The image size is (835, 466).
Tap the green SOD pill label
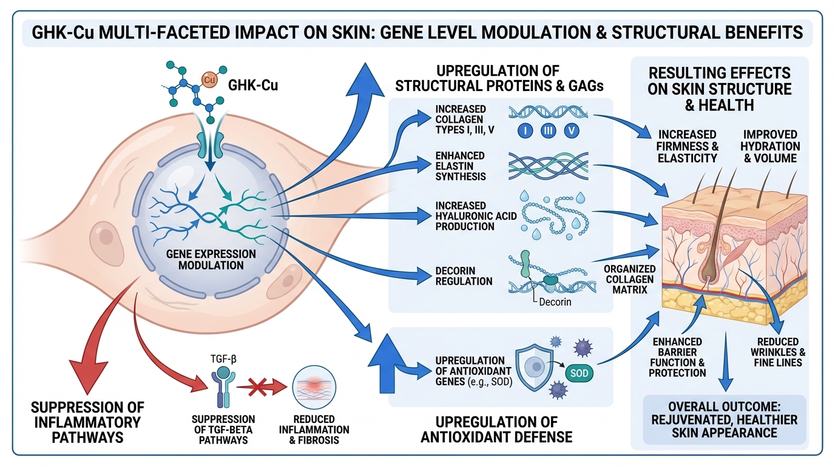pos(580,373)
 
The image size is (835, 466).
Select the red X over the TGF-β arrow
pos(253,384)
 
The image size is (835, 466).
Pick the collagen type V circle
pos(572,130)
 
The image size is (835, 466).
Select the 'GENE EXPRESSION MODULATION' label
pos(211,259)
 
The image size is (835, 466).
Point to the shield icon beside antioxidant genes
pos(536,367)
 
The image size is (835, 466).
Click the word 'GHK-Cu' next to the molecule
pos(253,86)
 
